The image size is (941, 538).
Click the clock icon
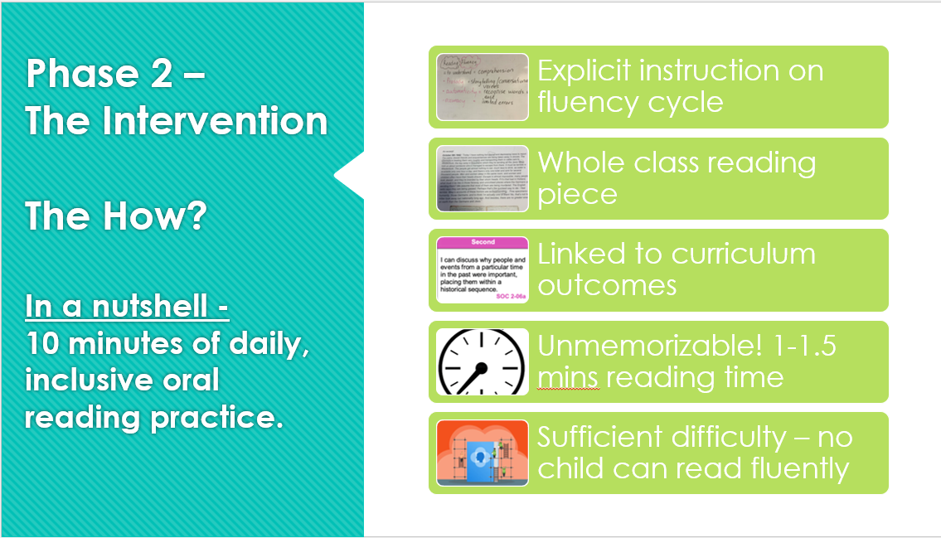pos(483,361)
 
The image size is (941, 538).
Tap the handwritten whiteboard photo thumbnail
pos(483,86)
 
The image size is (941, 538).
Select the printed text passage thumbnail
pos(483,178)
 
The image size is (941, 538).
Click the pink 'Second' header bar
pos(483,242)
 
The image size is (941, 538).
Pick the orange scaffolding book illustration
pos(483,453)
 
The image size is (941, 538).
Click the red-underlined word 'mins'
pos(568,377)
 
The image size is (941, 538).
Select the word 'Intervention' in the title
pos(215,121)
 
